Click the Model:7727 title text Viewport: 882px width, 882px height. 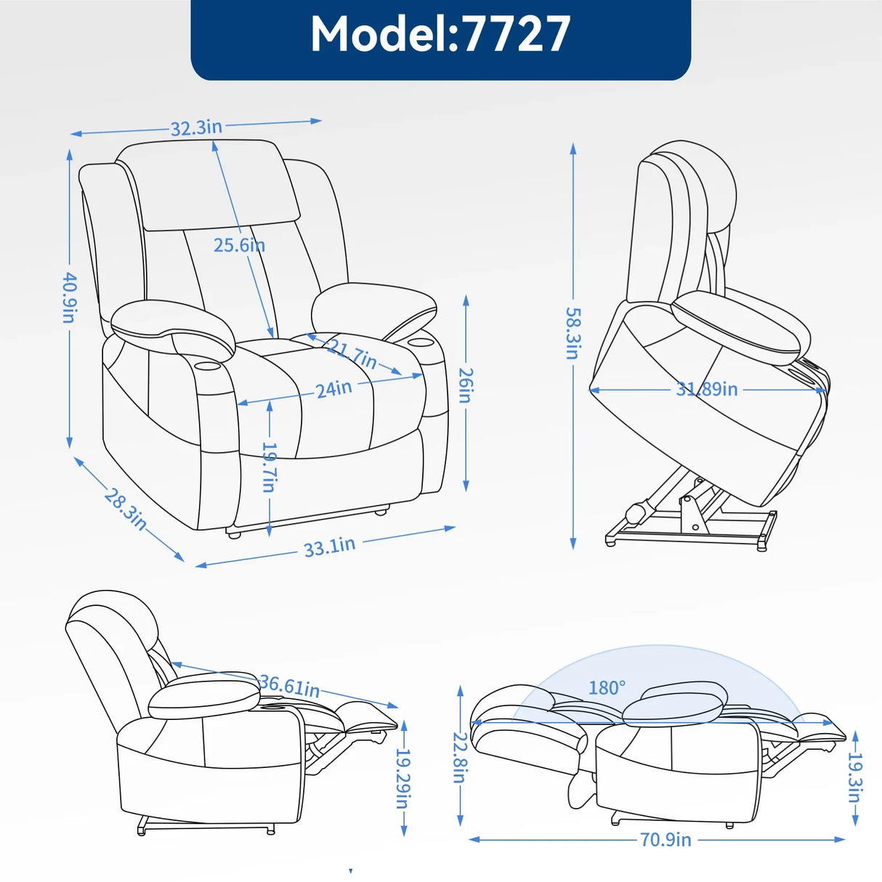click(440, 34)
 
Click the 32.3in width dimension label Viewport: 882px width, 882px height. click(196, 128)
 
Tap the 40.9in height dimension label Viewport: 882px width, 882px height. click(69, 297)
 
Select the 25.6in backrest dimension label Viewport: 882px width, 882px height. click(239, 246)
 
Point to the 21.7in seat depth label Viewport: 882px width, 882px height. click(352, 353)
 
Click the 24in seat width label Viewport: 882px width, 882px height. click(333, 389)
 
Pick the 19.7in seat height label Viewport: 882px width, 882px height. click(269, 467)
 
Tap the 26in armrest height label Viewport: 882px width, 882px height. click(466, 385)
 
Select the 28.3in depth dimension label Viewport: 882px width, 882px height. click(126, 509)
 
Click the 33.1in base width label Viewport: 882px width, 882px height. click(329, 546)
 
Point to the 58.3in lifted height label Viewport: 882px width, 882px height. click(573, 333)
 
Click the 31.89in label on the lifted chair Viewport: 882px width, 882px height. click(706, 389)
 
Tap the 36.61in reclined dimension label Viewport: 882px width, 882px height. click(289, 685)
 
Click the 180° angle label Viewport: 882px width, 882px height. click(607, 687)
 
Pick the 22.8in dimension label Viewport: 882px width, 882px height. click(459, 757)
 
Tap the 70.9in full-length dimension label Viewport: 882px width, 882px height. click(665, 840)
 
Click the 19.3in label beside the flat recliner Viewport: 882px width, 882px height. click(855, 777)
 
